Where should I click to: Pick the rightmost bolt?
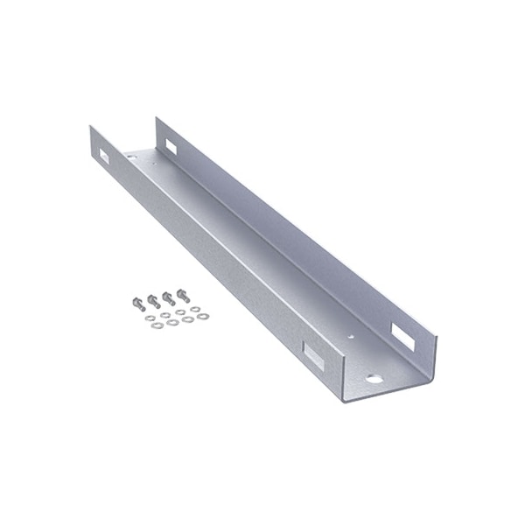point(183,295)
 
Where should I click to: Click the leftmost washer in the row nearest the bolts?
point(150,318)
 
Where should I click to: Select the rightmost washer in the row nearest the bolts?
point(195,309)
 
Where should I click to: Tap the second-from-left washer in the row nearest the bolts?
point(165,315)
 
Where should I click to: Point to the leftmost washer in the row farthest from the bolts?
point(157,325)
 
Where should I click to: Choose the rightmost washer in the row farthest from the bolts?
point(203,317)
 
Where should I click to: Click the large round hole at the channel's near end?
point(374,379)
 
